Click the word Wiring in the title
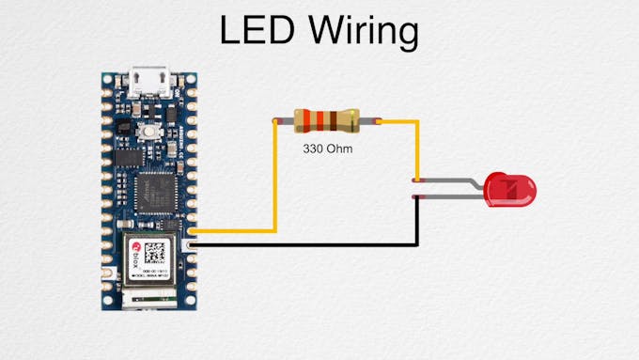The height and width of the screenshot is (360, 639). coord(361,32)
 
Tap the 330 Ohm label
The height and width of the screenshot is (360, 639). coord(328,149)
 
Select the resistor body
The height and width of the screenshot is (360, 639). coord(326,120)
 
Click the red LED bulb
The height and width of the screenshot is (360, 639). coord(511,189)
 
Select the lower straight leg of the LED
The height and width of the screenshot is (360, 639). coord(451,196)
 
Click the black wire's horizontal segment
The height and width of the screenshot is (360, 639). coord(301,244)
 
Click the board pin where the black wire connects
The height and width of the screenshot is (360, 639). coord(192,244)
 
